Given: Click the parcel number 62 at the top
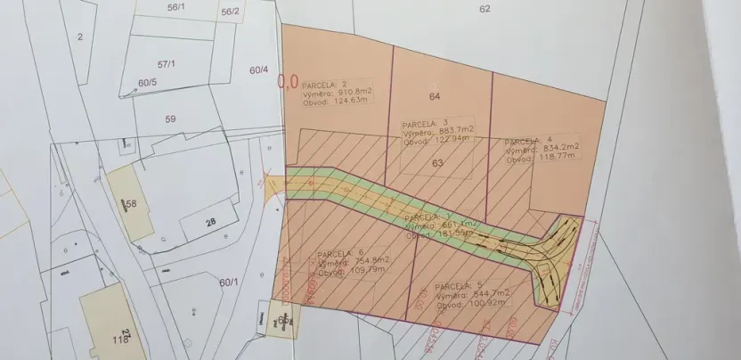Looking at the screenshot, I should tap(484, 9).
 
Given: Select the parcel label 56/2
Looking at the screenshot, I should tap(230, 12).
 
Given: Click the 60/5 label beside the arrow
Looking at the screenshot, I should tap(147, 83).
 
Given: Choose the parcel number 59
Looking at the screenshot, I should tap(170, 118).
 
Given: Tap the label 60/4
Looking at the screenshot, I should tap(259, 70).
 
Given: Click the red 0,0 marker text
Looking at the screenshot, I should tap(288, 82).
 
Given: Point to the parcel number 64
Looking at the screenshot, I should tap(435, 95).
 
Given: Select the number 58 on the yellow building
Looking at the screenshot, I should tap(131, 204).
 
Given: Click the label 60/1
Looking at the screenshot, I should tap(230, 282).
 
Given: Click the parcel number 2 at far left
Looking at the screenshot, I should tap(79, 37).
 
